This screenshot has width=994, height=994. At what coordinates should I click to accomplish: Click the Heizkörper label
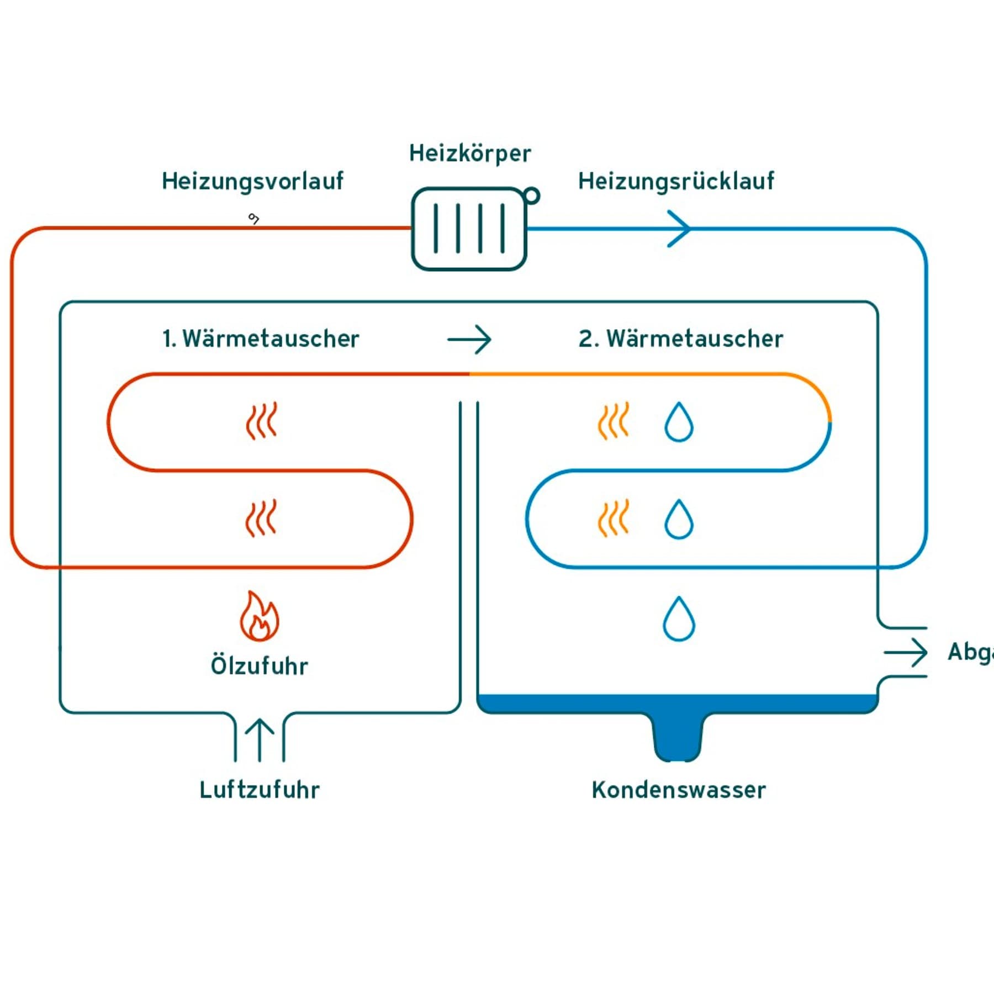click(469, 154)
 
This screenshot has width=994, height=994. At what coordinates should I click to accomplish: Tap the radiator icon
click(469, 229)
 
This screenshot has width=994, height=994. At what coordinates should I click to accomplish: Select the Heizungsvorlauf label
click(252, 181)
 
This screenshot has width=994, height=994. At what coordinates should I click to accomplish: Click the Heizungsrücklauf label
click(676, 181)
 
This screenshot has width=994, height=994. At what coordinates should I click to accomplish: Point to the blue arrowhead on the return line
click(680, 229)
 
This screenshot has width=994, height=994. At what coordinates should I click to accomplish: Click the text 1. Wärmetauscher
click(261, 339)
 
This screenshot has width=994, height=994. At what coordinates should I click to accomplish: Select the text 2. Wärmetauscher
click(680, 339)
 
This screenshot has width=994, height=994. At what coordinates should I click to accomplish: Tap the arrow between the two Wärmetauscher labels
click(469, 339)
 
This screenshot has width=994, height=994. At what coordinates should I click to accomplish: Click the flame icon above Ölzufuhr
click(259, 616)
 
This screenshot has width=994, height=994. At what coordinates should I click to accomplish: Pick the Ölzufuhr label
click(259, 665)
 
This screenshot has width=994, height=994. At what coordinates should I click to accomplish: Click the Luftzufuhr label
click(259, 790)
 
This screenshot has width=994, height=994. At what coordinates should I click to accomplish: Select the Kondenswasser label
click(679, 790)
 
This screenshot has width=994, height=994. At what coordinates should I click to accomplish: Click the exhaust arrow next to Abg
click(906, 653)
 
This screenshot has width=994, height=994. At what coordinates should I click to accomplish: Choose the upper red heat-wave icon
click(261, 421)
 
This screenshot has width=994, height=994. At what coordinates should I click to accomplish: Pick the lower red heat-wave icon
click(261, 518)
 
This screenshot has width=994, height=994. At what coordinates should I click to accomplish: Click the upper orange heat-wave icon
click(614, 421)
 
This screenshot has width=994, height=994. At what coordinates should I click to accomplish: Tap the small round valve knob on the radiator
click(532, 196)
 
